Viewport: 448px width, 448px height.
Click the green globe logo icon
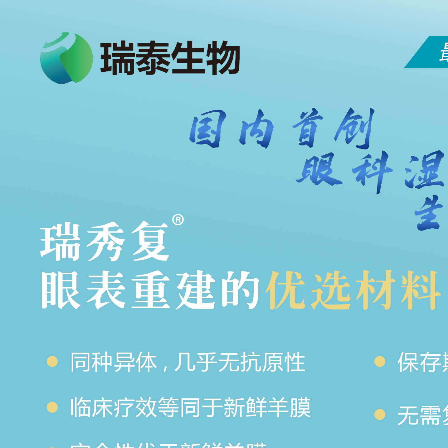coord(66,58)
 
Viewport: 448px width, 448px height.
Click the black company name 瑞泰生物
coord(170,58)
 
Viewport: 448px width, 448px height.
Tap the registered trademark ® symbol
coord(178,220)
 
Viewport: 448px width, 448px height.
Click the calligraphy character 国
coord(207,128)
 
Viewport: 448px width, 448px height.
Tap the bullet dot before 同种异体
coord(52,362)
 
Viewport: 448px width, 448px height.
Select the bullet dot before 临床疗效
coord(52,407)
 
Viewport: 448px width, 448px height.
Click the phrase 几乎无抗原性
coord(240,362)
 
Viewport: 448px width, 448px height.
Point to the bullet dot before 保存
coord(380,362)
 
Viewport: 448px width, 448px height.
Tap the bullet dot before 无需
coord(380,415)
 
